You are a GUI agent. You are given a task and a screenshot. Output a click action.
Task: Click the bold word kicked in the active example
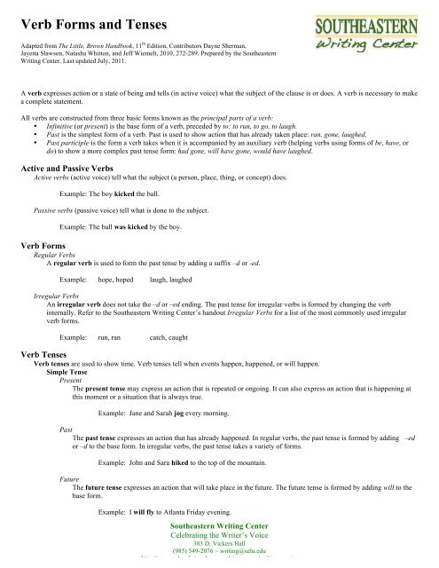coord(123,193)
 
